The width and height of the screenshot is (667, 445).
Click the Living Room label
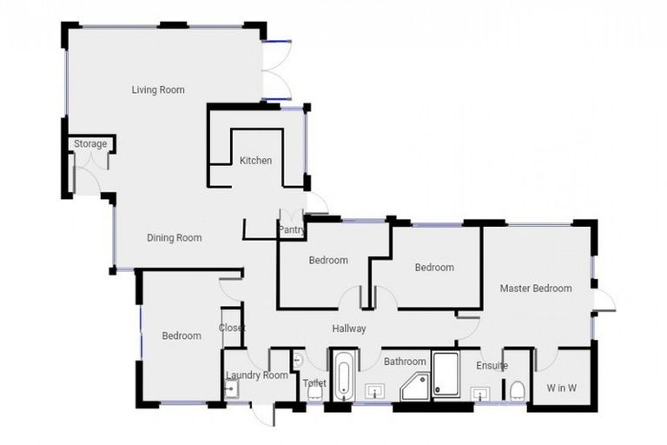pyautogui.click(x=158, y=90)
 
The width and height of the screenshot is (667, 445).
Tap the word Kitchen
pyautogui.click(x=255, y=160)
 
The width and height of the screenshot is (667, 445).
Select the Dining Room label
pyautogui.click(x=174, y=237)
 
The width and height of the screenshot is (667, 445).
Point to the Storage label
pyautogui.click(x=90, y=143)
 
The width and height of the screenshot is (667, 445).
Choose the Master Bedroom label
pyautogui.click(x=536, y=288)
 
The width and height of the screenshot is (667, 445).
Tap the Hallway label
pyautogui.click(x=349, y=329)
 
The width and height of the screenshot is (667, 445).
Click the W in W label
pyautogui.click(x=561, y=388)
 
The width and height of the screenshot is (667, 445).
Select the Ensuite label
pyautogui.click(x=492, y=366)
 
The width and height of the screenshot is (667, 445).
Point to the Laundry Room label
pyautogui.click(x=256, y=375)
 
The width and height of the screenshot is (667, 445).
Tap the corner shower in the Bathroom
pyautogui.click(x=415, y=387)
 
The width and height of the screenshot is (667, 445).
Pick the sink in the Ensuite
pyautogui.click(x=480, y=395)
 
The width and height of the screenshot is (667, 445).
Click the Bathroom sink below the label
pyautogui.click(x=376, y=390)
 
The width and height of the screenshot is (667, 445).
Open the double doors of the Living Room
pyautogui.click(x=276, y=70)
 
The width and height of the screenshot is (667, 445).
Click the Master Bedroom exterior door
pyautogui.click(x=603, y=301)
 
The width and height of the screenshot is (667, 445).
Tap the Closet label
pyautogui.click(x=232, y=328)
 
